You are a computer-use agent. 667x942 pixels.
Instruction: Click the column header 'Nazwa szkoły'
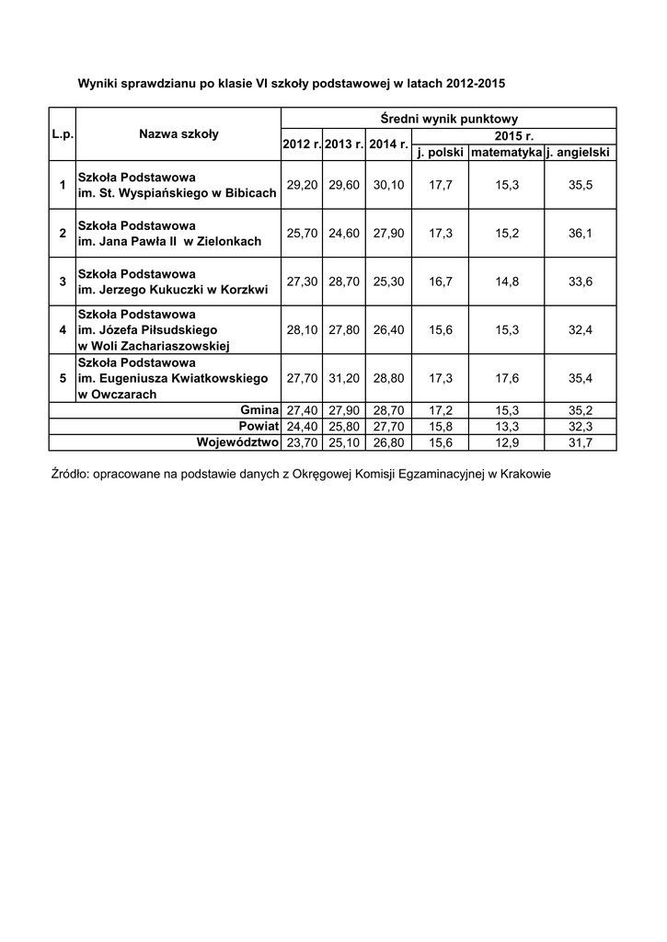click(x=178, y=134)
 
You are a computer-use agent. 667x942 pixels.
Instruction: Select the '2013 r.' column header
click(x=346, y=145)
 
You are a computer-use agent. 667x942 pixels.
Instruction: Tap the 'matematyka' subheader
click(x=505, y=152)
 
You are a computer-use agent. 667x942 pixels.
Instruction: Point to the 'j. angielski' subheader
click(x=579, y=152)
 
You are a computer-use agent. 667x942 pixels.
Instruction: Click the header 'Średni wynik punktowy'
click(x=448, y=118)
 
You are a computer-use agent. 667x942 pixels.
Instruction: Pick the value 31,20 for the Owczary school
click(x=346, y=378)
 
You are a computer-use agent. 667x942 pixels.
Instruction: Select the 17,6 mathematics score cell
click(x=506, y=378)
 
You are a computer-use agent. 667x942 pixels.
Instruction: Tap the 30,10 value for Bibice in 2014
click(x=389, y=186)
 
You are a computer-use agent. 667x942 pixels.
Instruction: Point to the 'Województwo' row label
click(x=237, y=442)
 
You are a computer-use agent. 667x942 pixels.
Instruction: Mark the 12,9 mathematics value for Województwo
click(x=506, y=442)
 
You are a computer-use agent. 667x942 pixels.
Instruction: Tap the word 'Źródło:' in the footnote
click(x=70, y=475)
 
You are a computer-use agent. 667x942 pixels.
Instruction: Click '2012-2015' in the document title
click(x=476, y=83)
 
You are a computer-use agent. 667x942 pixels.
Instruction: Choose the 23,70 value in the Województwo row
click(x=302, y=442)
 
